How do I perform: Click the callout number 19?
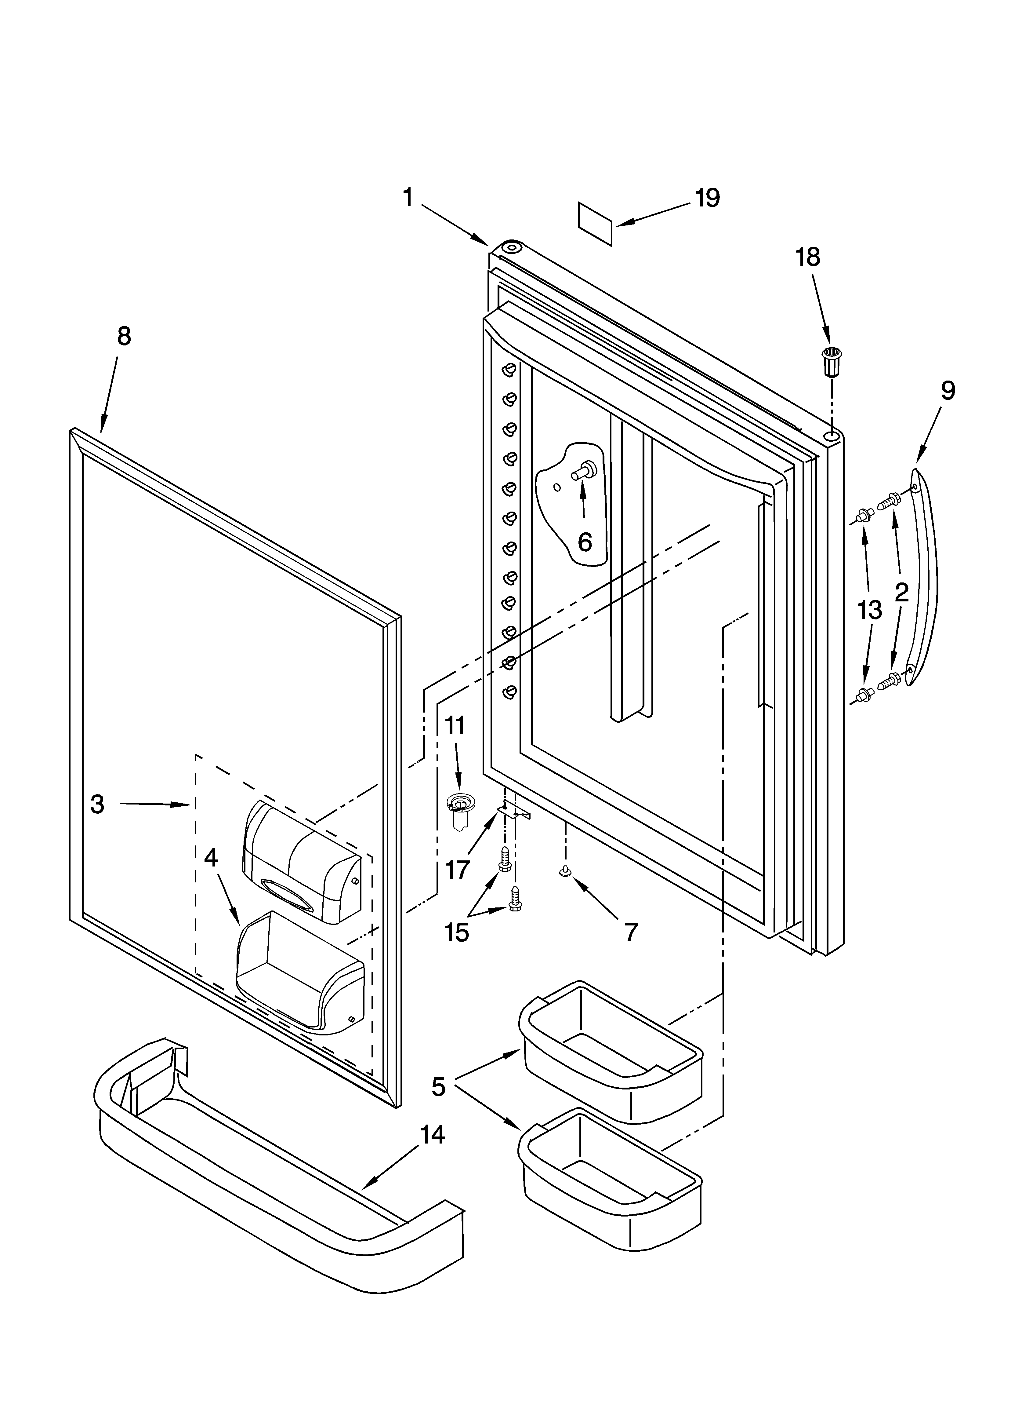click(707, 198)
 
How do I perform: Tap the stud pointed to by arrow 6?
click(585, 471)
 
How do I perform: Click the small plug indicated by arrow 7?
click(565, 873)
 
